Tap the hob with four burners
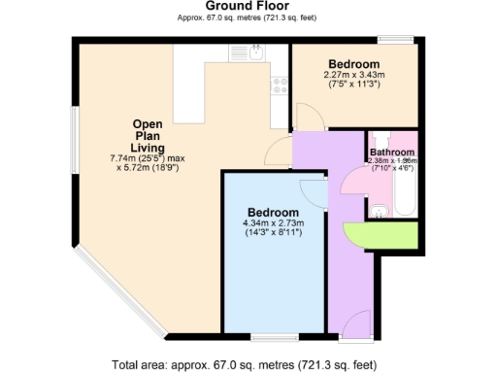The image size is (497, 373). pyautogui.click(x=280, y=85)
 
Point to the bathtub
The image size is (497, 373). pyautogui.click(x=406, y=192)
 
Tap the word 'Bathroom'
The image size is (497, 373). pyautogui.click(x=392, y=153)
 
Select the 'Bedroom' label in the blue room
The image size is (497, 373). pyautogui.click(x=274, y=212)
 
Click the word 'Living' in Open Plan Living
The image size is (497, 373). pyautogui.click(x=149, y=148)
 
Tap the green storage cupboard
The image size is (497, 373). pyautogui.click(x=386, y=234)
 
